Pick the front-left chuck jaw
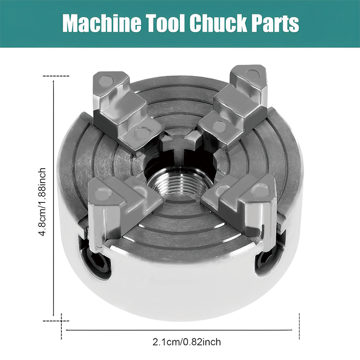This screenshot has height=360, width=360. [117, 205]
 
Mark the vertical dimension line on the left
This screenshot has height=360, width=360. [54, 198]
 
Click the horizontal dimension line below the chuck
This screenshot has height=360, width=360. [182, 331]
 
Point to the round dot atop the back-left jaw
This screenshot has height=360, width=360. [105, 81]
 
